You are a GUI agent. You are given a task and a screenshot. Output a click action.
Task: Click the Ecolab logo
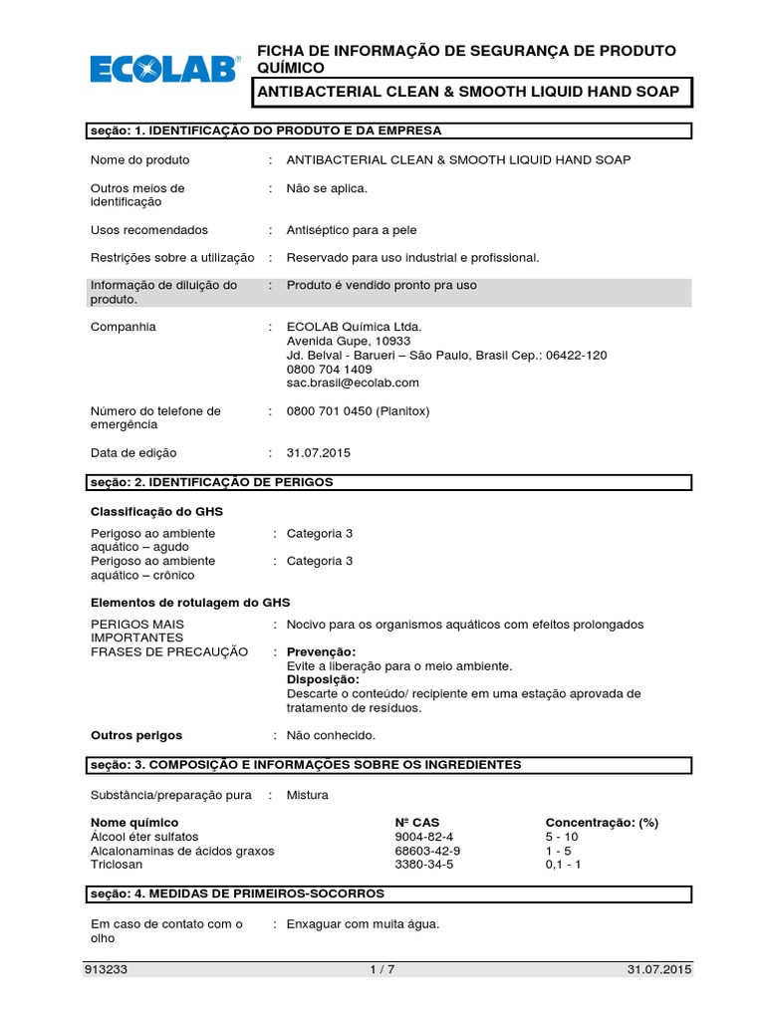(x=165, y=68)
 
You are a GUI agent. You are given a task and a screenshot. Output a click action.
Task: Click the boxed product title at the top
(x=469, y=93)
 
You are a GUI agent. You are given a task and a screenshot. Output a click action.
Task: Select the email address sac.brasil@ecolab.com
(x=353, y=382)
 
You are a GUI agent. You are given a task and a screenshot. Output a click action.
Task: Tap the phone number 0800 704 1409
(x=329, y=369)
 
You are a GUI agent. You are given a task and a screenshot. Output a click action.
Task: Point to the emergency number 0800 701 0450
(x=330, y=410)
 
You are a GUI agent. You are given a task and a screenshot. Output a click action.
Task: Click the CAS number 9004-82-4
(x=423, y=837)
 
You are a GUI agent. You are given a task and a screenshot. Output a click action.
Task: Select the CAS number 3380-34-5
(x=423, y=865)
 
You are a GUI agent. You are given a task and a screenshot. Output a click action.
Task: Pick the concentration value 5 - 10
(x=562, y=837)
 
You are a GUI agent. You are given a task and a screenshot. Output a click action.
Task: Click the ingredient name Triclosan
(x=117, y=865)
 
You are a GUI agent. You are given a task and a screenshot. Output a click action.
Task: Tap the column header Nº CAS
(x=416, y=823)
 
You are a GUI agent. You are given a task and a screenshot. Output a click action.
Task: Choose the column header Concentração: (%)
(x=602, y=823)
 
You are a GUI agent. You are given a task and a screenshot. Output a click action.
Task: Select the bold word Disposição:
(x=323, y=679)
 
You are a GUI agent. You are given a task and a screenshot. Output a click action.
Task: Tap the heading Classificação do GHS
(x=157, y=511)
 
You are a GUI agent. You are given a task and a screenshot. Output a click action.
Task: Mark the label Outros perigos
(x=136, y=735)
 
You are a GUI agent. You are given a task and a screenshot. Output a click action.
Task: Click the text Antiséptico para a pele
(x=350, y=229)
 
